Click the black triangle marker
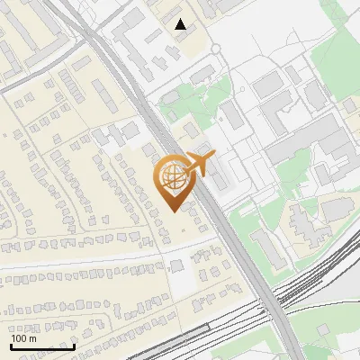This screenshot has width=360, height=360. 182,24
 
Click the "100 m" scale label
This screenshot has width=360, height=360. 23,338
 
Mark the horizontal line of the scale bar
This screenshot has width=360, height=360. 42,346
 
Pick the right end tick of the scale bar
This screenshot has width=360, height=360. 74,345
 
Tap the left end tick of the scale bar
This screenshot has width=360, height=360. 11,345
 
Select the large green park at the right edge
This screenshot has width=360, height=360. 336,63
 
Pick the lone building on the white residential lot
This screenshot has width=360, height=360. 177,265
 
